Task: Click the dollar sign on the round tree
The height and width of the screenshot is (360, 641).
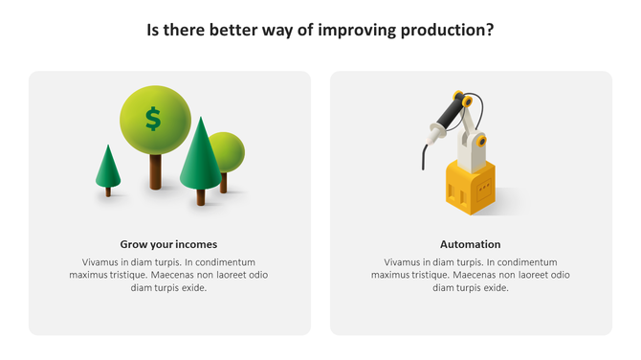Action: click(x=153, y=119)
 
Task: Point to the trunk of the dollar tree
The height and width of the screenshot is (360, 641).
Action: click(x=156, y=171)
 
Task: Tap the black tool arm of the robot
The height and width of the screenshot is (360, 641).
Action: click(x=446, y=120)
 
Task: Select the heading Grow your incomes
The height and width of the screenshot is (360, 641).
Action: click(x=168, y=244)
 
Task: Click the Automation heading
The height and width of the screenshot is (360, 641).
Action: click(x=470, y=244)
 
